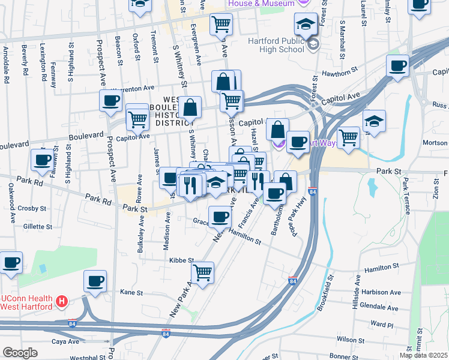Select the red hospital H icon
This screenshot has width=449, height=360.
(x=60, y=302)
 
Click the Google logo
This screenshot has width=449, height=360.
(x=19, y=353)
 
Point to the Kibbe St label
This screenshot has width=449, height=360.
(x=181, y=261)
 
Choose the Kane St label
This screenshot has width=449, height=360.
(x=131, y=293)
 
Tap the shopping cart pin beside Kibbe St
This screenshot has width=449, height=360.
(x=203, y=272)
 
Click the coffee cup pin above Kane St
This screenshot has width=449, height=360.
(x=95, y=280)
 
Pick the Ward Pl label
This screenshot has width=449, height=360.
(x=381, y=324)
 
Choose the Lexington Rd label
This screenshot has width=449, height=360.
(x=43, y=62)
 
